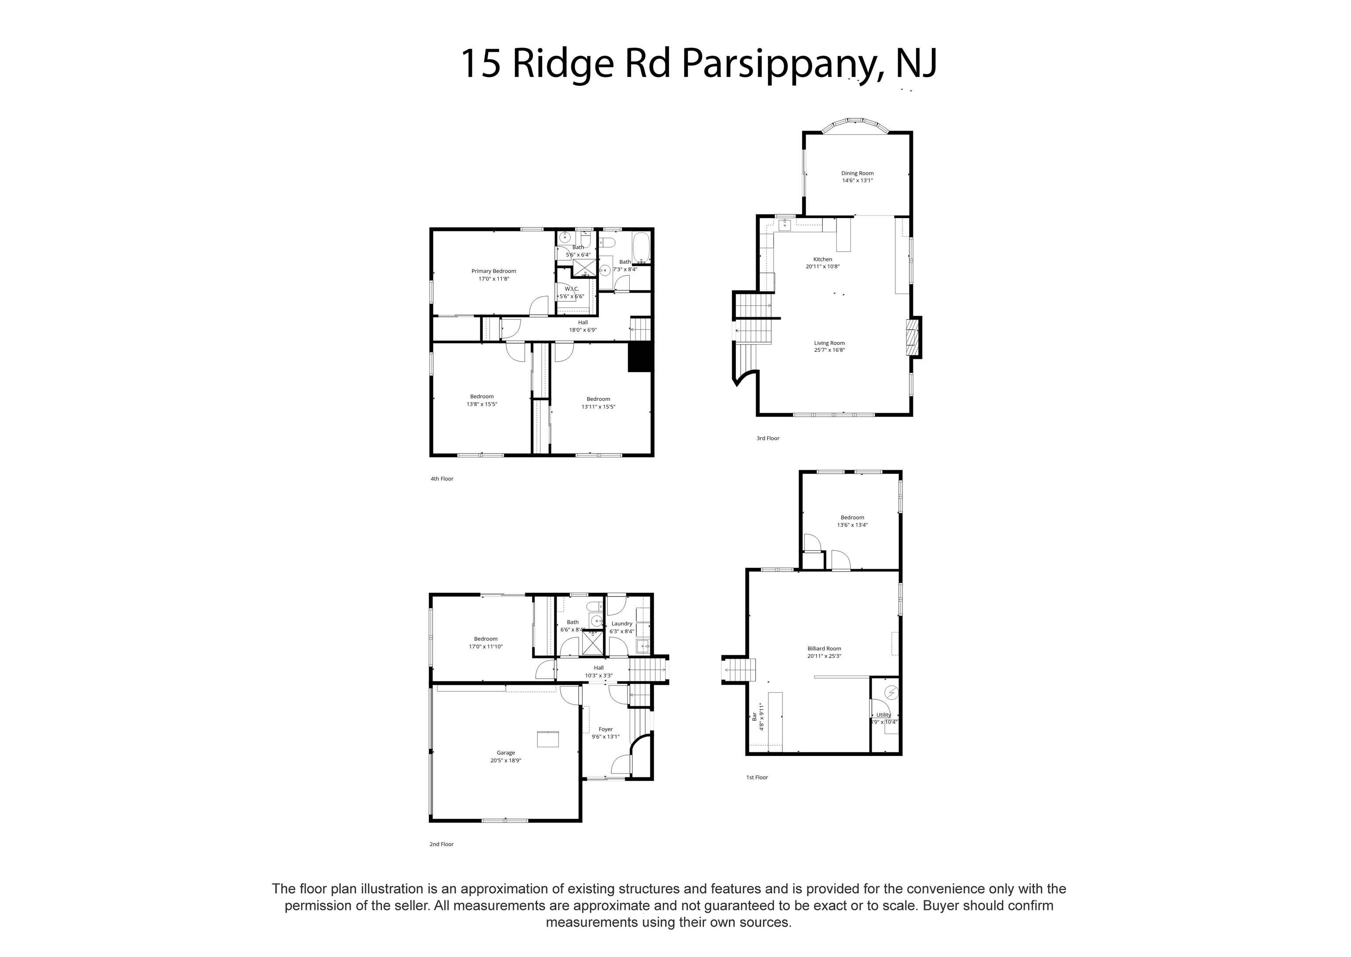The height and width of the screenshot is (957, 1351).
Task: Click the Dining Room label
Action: pyautogui.click(x=857, y=173)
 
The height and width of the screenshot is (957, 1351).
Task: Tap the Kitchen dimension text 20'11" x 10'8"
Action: pyautogui.click(x=822, y=267)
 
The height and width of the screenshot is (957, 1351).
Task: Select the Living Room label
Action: pyautogui.click(x=829, y=343)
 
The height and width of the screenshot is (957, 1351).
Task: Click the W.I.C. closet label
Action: pyautogui.click(x=572, y=289)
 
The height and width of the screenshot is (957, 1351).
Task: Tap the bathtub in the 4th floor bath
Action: pyautogui.click(x=641, y=248)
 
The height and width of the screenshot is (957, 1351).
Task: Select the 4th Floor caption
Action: pyautogui.click(x=442, y=478)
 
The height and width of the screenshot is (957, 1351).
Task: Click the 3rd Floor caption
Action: pyautogui.click(x=768, y=438)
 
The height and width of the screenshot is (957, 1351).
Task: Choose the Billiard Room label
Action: pyautogui.click(x=824, y=648)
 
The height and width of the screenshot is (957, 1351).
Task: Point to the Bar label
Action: pyautogui.click(x=754, y=716)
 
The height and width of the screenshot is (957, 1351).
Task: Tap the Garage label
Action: pyautogui.click(x=505, y=752)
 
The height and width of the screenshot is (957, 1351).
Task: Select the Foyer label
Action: pyautogui.click(x=605, y=729)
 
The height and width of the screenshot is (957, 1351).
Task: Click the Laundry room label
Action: pyautogui.click(x=621, y=624)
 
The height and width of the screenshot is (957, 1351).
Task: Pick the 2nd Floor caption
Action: pyautogui.click(x=441, y=844)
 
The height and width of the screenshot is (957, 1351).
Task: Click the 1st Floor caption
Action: pyautogui.click(x=757, y=777)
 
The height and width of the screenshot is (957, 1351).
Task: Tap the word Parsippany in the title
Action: pyautogui.click(x=778, y=64)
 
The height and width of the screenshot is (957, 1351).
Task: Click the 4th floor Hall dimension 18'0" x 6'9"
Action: pyautogui.click(x=583, y=330)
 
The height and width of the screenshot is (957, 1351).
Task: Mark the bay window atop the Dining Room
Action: pyautogui.click(x=857, y=125)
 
